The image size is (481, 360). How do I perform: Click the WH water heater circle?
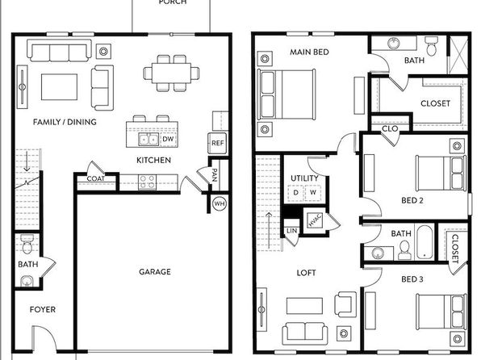[220, 203]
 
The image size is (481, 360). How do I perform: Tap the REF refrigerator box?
[217, 143]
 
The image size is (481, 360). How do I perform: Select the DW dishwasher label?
[168, 139]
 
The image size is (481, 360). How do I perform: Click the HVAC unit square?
[315, 220]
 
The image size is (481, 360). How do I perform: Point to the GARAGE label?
[155, 271]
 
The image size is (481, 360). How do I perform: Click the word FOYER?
[43, 309]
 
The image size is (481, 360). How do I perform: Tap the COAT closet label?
[96, 178]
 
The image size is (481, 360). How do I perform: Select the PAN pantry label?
[215, 175]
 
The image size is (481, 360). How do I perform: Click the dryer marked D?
[296, 193]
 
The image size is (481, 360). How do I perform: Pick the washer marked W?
[313, 193]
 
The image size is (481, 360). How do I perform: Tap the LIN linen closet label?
[291, 231]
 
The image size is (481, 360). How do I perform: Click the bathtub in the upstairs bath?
[425, 242]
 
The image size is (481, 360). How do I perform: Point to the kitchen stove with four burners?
[147, 182]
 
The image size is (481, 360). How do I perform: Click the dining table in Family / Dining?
[171, 73]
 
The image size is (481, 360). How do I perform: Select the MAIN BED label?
[309, 52]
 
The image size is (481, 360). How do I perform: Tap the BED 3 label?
[412, 279]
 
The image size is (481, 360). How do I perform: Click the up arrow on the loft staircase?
[269, 230]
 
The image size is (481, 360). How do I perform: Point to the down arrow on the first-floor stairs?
[27, 161]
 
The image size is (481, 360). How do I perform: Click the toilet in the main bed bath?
[432, 46]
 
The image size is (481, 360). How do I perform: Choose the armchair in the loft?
[345, 303]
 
